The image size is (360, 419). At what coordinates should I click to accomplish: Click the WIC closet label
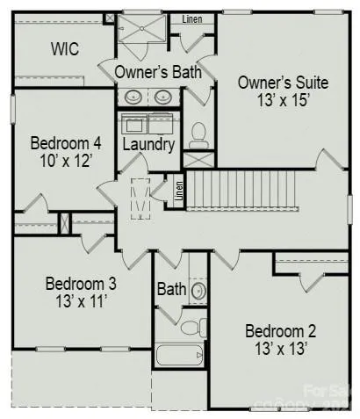(64, 49)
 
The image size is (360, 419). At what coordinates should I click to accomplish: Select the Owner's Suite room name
(283, 83)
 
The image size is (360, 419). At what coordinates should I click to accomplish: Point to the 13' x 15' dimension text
(283, 100)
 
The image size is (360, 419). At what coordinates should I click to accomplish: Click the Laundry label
(148, 144)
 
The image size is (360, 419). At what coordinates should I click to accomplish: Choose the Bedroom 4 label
(67, 143)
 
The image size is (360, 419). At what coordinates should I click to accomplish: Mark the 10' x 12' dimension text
(67, 162)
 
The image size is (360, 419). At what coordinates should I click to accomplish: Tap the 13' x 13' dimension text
(280, 350)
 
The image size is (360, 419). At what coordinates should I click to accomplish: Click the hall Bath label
(170, 288)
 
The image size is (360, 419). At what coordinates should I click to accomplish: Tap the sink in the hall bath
(198, 289)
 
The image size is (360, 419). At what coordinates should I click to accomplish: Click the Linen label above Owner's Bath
(192, 19)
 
